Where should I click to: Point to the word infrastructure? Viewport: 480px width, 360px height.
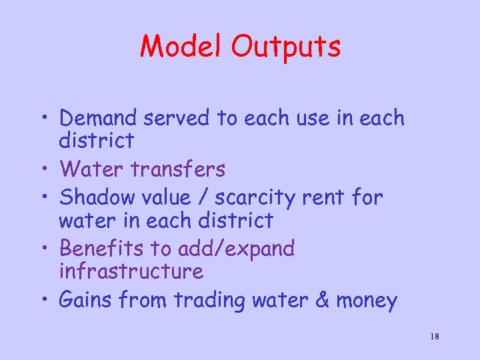pyautogui.click(x=131, y=271)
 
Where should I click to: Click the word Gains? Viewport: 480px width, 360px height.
pyautogui.click(x=85, y=300)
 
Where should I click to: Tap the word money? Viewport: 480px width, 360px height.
pyautogui.click(x=367, y=301)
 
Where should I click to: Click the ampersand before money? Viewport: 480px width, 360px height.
pyautogui.click(x=322, y=300)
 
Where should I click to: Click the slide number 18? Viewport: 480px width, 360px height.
pyautogui.click(x=434, y=337)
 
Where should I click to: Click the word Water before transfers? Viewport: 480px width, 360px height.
pyautogui.click(x=93, y=169)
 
